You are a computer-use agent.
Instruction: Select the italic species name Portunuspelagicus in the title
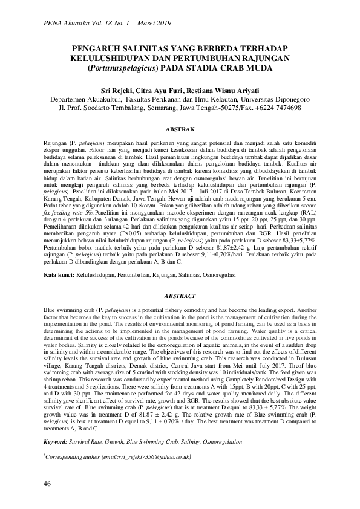pos(123,68)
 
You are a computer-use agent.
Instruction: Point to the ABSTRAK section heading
pos(180,129)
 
